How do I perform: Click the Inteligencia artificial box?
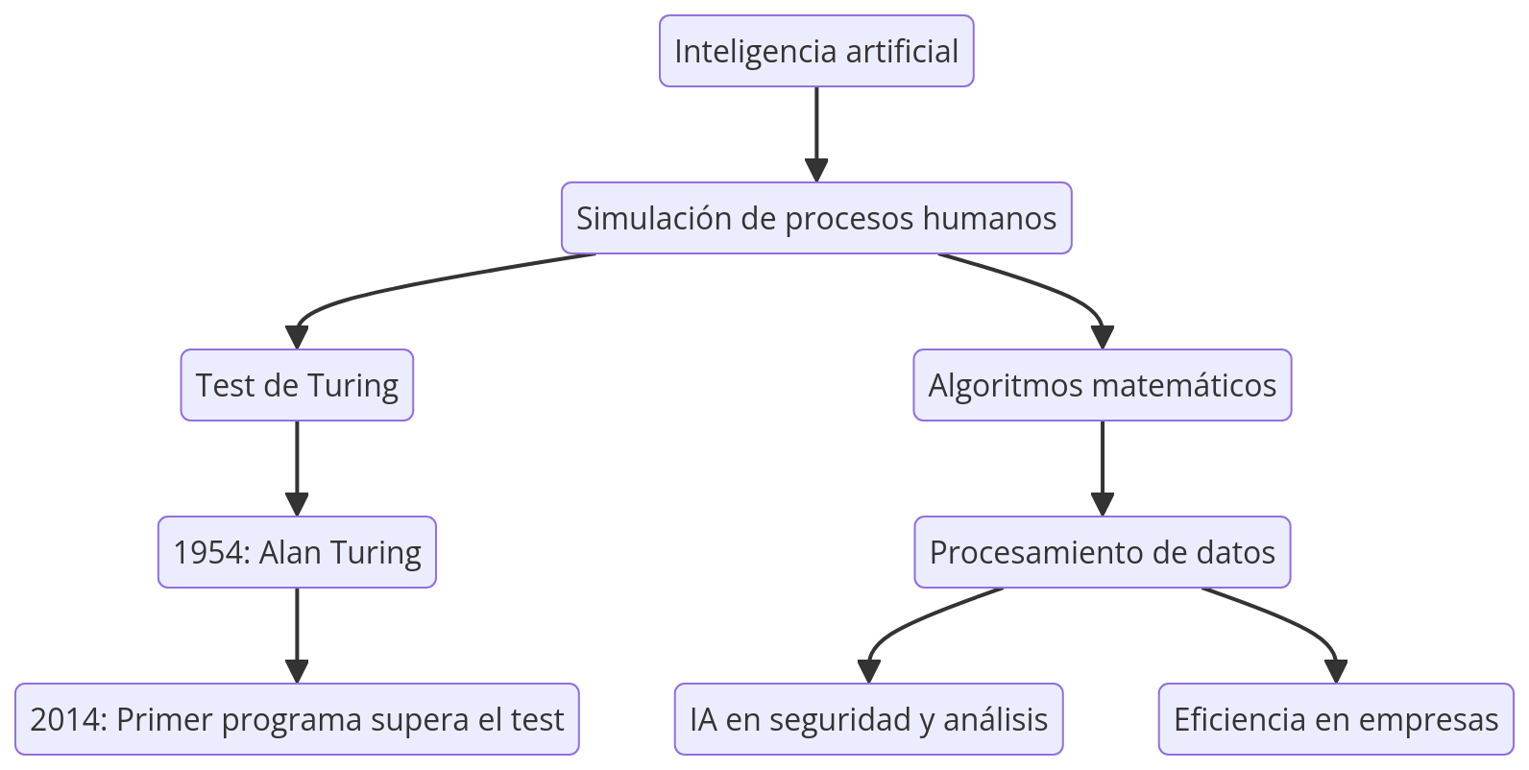click(x=816, y=51)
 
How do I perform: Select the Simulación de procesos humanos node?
click(x=816, y=218)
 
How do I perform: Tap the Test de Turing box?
click(x=297, y=385)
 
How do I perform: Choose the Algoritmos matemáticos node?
click(x=1102, y=385)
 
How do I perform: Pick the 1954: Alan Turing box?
click(x=297, y=552)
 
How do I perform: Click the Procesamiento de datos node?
click(x=1102, y=552)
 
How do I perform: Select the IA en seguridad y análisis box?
click(x=868, y=719)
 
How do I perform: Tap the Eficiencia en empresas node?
click(x=1335, y=719)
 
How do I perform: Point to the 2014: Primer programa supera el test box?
click(x=297, y=719)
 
